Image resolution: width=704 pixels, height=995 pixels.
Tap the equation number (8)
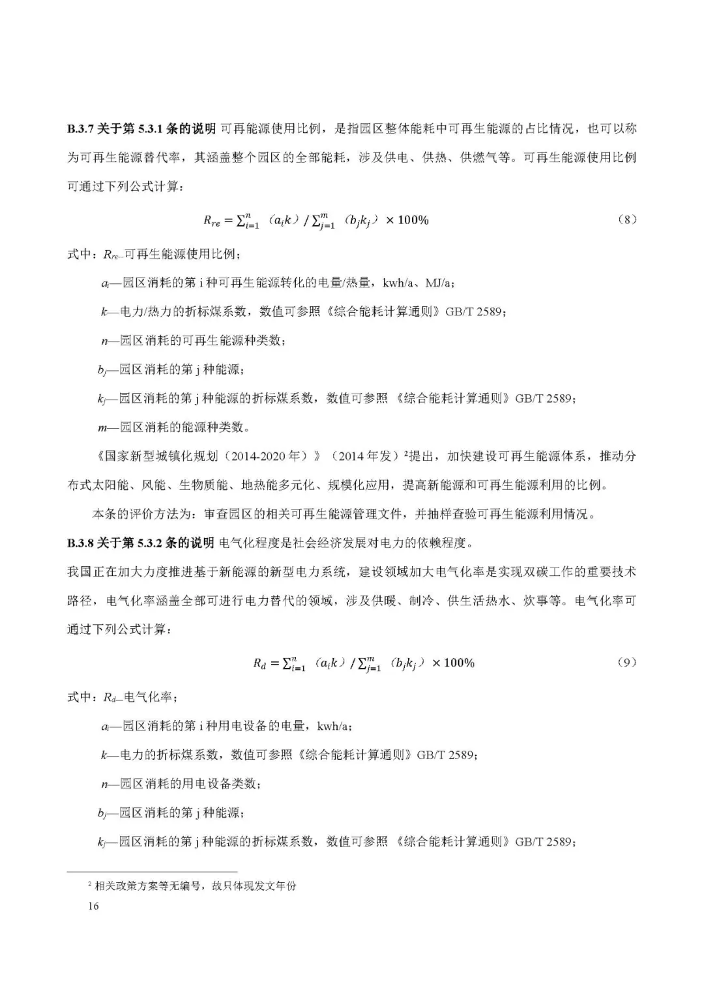[x=626, y=220]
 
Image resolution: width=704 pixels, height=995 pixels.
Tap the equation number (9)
[x=626, y=663]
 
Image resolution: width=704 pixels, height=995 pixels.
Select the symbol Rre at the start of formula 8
[x=212, y=221]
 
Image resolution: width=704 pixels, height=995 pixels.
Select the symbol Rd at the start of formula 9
[x=260, y=664]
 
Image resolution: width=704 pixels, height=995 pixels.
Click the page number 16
[x=93, y=906]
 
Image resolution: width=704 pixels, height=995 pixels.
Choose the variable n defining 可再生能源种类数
[x=104, y=341]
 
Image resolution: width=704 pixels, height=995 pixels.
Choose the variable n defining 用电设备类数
[x=104, y=784]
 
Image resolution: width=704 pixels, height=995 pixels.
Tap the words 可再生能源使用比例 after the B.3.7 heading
[x=270, y=129]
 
